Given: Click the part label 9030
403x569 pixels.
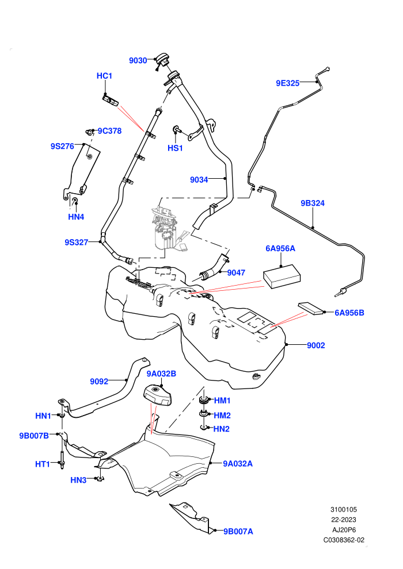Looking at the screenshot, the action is pos(138,60).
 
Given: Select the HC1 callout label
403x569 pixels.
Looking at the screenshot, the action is pos(104,76).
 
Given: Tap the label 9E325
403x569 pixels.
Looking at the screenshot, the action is pos(287,83).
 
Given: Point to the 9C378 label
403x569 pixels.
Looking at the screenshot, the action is pos(109,131).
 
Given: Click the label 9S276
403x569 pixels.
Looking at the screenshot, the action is pos(62,146).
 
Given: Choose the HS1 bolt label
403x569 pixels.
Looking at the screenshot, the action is pos(175,148).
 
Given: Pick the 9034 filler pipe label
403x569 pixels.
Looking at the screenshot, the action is pos(199,180).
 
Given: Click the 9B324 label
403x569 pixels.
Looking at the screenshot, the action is pos(313,203).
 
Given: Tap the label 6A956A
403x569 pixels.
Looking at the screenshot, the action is pos(280,248).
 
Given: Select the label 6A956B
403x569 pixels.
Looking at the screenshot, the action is pos(349,313).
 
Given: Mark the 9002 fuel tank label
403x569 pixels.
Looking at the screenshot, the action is pos(316,345).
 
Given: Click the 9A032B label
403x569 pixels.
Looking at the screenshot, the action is pos(161,374).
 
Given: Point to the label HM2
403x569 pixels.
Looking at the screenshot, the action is pos(222,416).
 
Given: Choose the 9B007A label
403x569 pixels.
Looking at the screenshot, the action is pos(238,531).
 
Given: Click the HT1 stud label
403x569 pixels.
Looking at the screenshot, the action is pos(43,464).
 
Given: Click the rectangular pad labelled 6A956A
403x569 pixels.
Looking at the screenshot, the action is pos(282,276).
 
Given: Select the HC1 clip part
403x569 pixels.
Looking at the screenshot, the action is pos(111,101).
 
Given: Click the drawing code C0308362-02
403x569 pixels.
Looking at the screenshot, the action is pos(344,540).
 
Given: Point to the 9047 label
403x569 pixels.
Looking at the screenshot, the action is pos(236,273).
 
